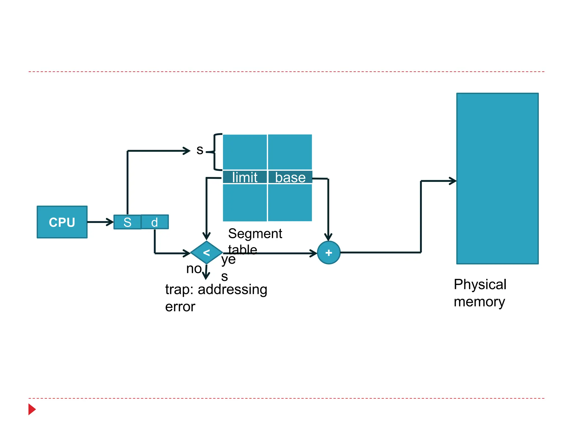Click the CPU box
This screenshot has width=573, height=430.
(x=62, y=222)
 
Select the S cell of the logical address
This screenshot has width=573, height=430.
(x=127, y=222)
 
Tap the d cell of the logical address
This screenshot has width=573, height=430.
(x=154, y=222)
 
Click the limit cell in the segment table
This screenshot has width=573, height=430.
(x=245, y=177)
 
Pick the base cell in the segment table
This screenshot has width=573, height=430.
(x=290, y=177)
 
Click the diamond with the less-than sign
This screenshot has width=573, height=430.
(x=206, y=253)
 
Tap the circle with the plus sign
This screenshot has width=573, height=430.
(x=329, y=253)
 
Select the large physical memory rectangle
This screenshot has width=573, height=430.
(x=497, y=178)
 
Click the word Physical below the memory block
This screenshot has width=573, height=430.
(x=480, y=284)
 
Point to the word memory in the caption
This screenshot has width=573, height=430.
(x=479, y=302)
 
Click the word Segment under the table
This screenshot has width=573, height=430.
(x=255, y=233)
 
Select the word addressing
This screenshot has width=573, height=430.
(x=233, y=289)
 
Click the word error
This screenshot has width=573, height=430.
(x=180, y=307)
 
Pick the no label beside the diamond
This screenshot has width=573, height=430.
(x=194, y=269)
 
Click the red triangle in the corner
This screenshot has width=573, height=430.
(x=32, y=409)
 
